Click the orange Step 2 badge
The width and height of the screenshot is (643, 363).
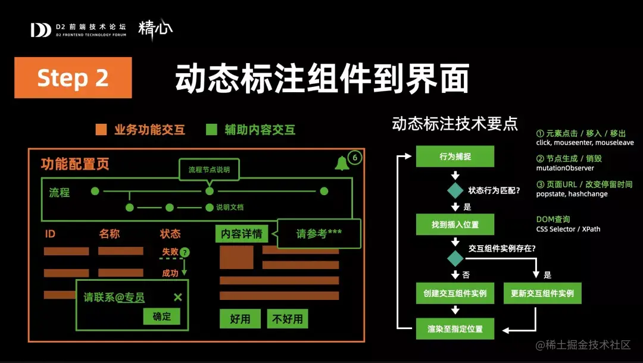coord(73,77)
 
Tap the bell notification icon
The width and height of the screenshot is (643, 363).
coord(342,163)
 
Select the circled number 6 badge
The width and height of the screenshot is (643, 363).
coord(355,158)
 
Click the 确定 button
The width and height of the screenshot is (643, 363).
coord(161,317)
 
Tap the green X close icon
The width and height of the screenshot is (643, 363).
coord(177,297)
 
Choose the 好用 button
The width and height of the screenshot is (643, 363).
coord(240,319)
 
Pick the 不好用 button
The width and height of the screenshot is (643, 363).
coord(288,319)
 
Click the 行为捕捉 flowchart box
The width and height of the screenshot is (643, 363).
coord(455,156)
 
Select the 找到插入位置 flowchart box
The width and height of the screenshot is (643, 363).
coord(455,224)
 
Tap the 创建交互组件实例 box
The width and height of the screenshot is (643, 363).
coord(455,293)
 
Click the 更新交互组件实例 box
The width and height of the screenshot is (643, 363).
coord(542,293)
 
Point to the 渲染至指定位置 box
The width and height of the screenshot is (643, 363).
coord(455,328)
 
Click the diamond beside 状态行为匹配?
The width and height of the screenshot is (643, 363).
coord(455,190)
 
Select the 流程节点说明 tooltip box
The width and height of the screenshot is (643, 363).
coord(209,169)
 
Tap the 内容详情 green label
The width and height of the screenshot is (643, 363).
coord(242,233)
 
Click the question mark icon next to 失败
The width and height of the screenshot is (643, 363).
coord(185,252)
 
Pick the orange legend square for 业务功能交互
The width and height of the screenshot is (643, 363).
coord(101,130)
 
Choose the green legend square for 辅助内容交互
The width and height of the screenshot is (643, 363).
coord(211,130)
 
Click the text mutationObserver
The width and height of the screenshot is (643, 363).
coord(565,168)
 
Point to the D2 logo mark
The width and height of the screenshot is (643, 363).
coord(40,30)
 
